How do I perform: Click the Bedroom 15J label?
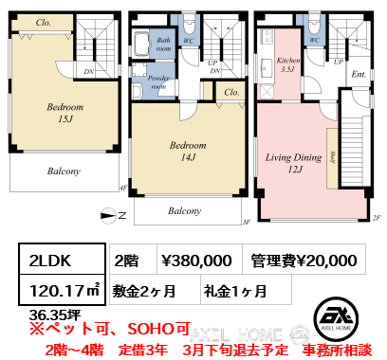(x=65, y=114)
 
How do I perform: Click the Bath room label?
(x=163, y=44)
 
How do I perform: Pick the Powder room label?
(x=158, y=81)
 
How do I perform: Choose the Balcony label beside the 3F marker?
(x=185, y=211)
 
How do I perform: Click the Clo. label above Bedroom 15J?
(x=44, y=22)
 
